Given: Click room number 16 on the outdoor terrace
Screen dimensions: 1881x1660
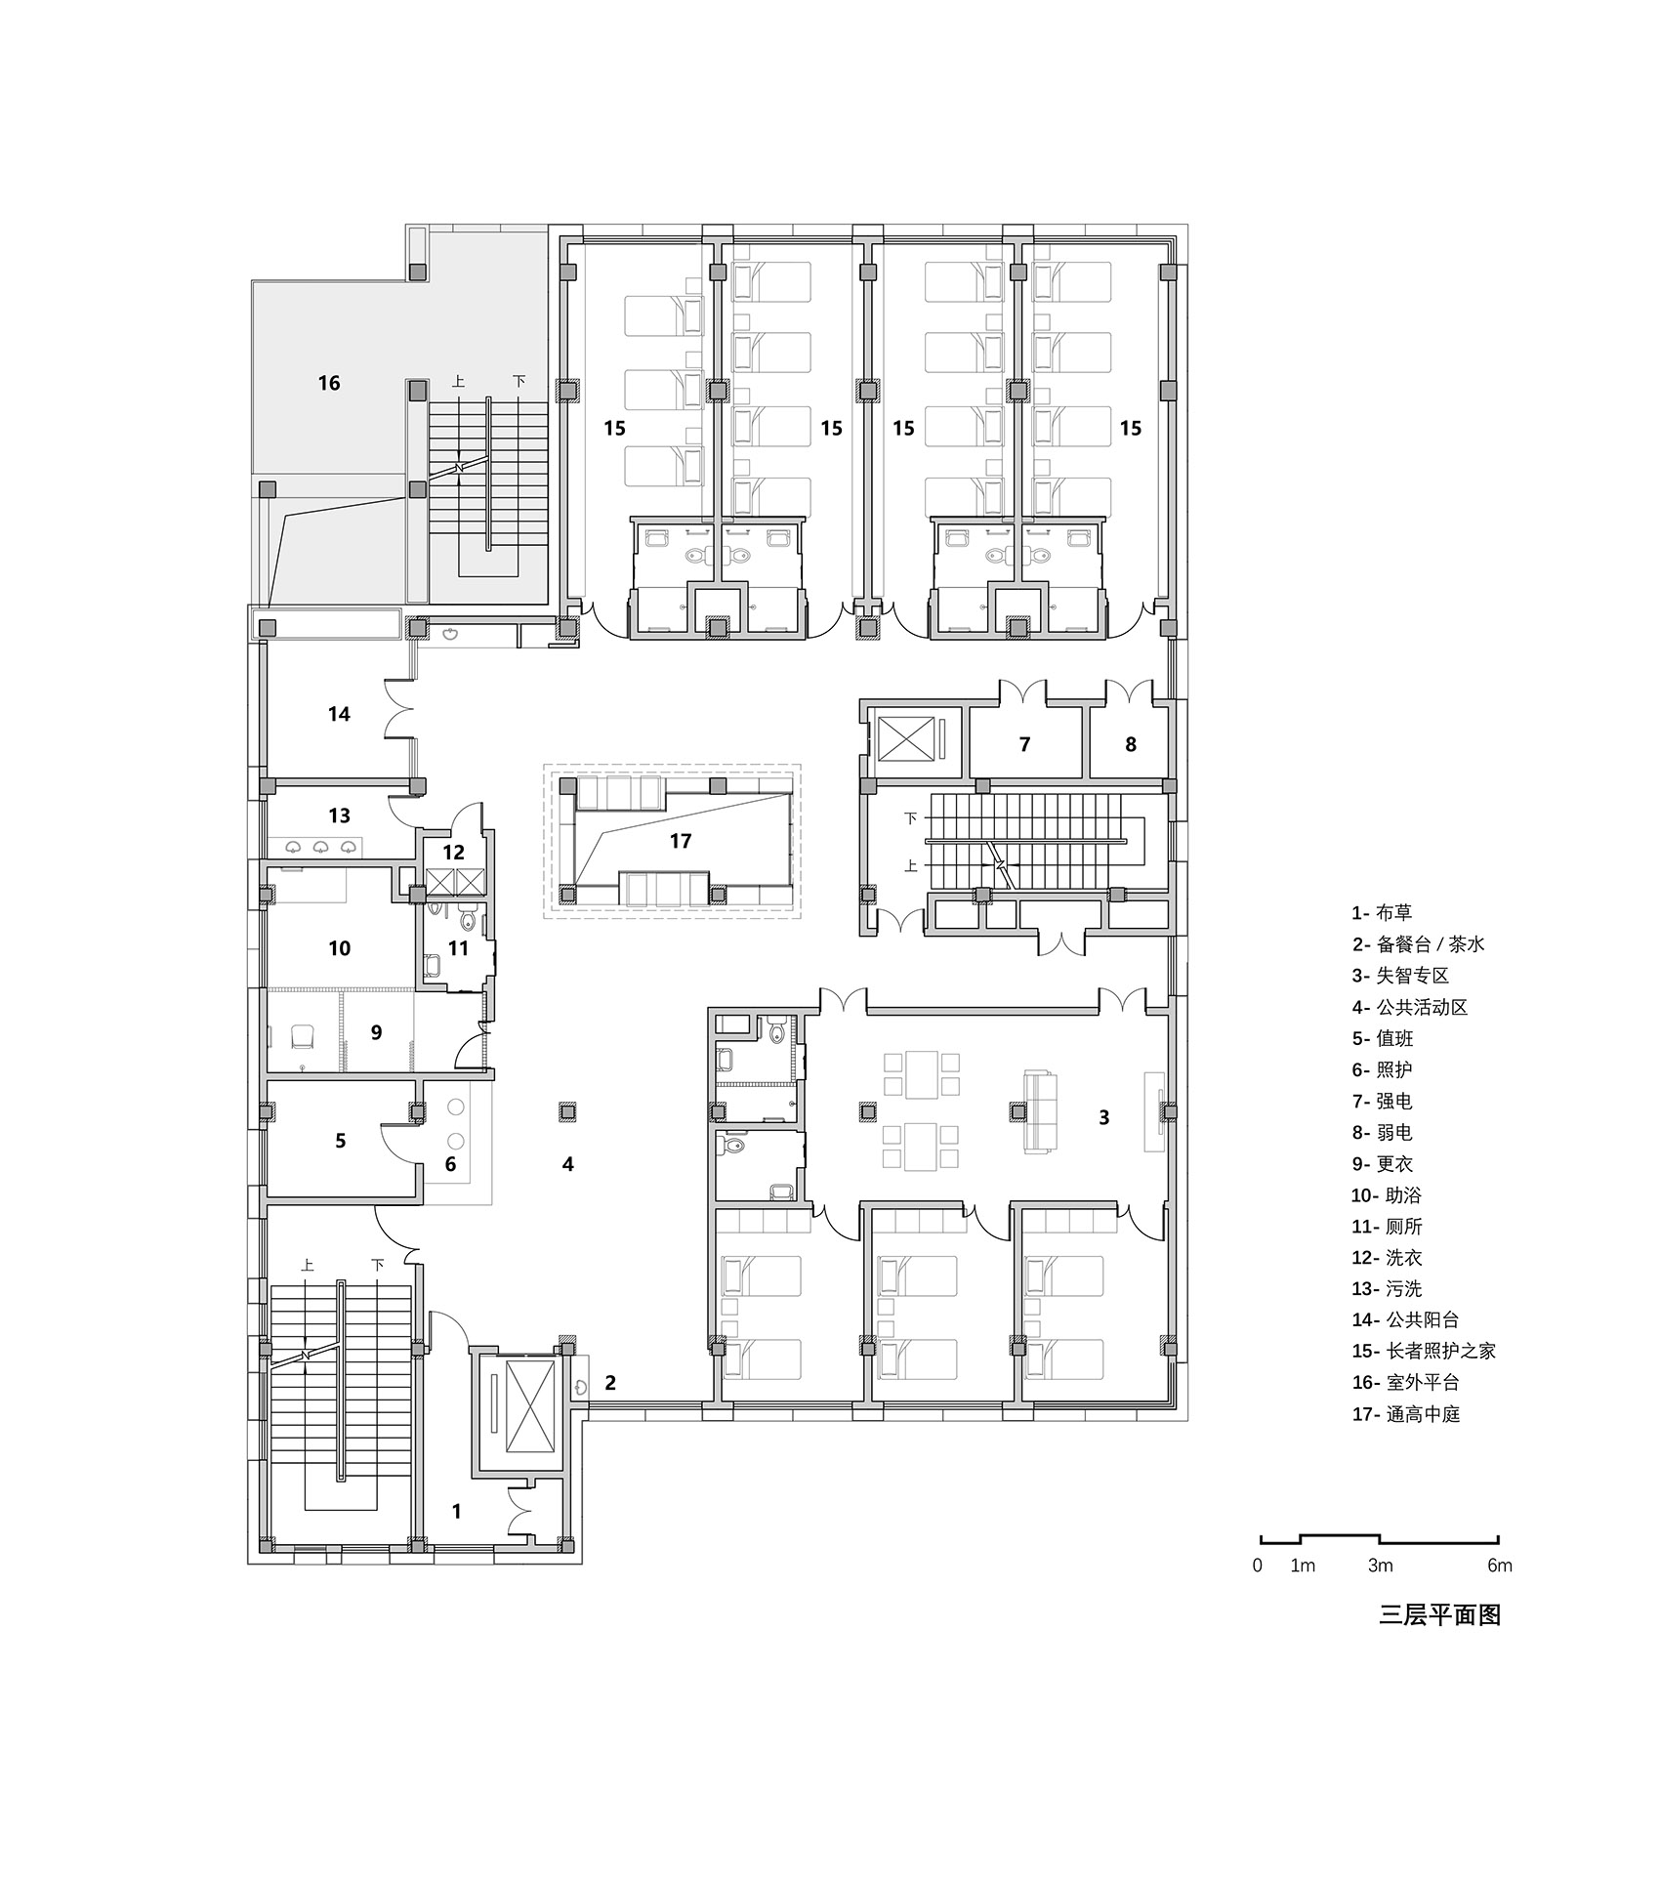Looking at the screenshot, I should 329,383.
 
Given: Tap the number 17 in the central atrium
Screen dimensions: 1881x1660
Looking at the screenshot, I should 681,841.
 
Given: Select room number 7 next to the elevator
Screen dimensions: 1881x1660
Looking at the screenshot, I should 1024,745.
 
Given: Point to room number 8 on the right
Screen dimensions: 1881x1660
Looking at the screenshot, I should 1131,745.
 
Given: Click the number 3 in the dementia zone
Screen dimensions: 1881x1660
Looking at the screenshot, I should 1104,1117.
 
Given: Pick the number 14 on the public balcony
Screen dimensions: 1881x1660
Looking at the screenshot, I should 339,715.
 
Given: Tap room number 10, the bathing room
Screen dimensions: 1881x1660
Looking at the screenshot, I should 339,948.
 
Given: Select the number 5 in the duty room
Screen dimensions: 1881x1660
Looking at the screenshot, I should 340,1141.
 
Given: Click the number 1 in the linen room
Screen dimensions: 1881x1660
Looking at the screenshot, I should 456,1512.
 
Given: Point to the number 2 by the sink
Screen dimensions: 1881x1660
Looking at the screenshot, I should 610,1383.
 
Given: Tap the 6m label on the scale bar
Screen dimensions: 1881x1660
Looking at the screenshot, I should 1499,1566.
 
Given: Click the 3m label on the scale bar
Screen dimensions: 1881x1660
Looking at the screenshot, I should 1379,1566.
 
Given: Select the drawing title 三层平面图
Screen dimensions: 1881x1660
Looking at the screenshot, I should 1438,1615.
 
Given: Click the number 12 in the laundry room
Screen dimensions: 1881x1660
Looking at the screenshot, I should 453,853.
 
